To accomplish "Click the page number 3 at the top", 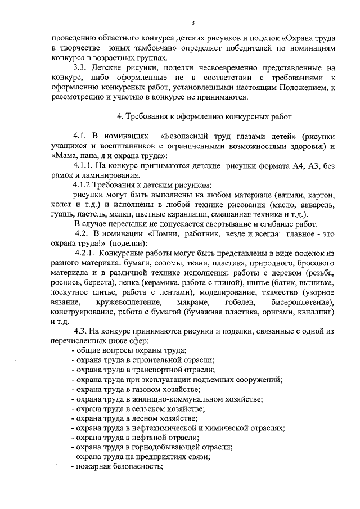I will pos(193,23).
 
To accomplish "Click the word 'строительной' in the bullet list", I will pos(155,360).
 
